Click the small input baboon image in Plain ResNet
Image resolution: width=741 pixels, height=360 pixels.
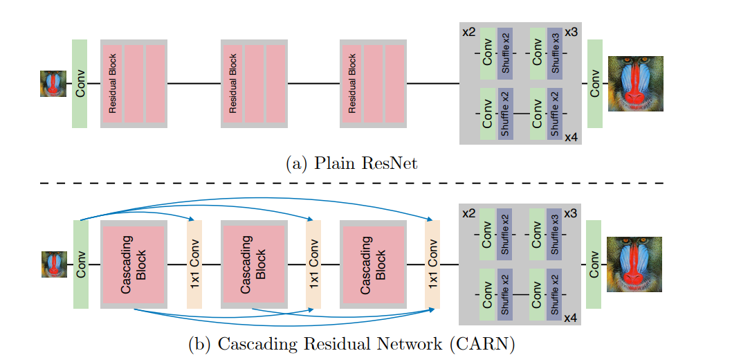pyautogui.click(x=53, y=84)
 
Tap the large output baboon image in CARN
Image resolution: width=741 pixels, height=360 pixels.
pyautogui.click(x=634, y=264)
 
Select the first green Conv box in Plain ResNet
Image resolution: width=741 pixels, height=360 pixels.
pyautogui.click(x=80, y=84)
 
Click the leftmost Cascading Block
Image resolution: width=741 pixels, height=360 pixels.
pyautogui.click(x=134, y=264)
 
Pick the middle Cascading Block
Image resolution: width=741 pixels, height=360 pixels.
pyautogui.click(x=253, y=264)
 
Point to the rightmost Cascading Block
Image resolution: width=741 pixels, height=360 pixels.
pyautogui.click(x=373, y=264)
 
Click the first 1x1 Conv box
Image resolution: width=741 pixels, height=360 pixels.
pyautogui.click(x=194, y=264)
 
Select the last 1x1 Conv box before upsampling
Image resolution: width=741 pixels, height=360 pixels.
pyautogui.click(x=432, y=264)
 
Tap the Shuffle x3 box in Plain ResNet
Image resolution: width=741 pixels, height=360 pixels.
pyautogui.click(x=554, y=53)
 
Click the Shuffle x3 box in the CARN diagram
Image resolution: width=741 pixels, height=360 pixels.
pyautogui.click(x=554, y=233)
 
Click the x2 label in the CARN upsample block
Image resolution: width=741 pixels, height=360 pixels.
pyautogui.click(x=468, y=213)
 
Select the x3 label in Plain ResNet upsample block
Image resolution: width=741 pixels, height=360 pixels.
pyautogui.click(x=571, y=33)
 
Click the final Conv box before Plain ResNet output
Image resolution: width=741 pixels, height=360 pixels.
pyautogui.click(x=594, y=84)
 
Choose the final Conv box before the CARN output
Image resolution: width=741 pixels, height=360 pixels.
pyautogui.click(x=593, y=264)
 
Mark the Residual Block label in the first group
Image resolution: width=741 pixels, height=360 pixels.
pyautogui.click(x=113, y=84)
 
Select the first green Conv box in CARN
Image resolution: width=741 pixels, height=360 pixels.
pyautogui.click(x=80, y=264)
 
